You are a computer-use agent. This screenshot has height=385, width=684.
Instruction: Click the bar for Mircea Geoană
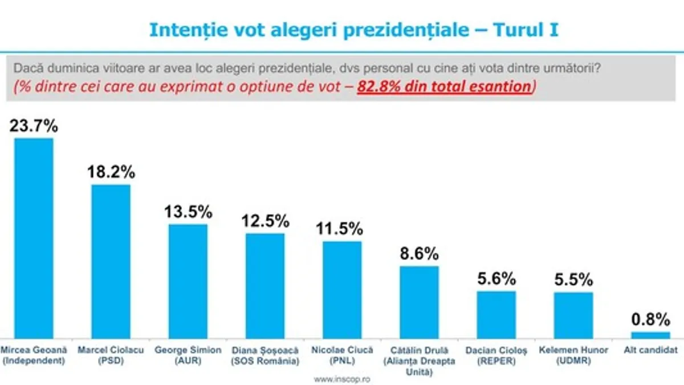pyautogui.click(x=34, y=238)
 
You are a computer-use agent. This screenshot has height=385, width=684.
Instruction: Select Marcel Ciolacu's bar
pyautogui.click(x=111, y=261)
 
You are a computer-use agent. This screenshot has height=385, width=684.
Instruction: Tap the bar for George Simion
pyautogui.click(x=188, y=281)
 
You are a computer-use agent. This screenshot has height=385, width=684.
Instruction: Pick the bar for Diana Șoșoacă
pyautogui.click(x=265, y=286)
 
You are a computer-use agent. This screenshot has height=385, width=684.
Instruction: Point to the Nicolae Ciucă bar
pyautogui.click(x=342, y=290)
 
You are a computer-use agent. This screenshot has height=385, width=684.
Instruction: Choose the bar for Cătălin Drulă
pyautogui.click(x=419, y=302)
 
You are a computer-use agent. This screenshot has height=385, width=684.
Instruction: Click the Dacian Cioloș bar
pyautogui.click(x=496, y=315)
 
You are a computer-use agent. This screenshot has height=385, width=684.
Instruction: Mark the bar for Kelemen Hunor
pyautogui.click(x=573, y=315)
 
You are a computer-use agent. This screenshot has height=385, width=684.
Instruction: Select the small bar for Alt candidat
pyautogui.click(x=650, y=335)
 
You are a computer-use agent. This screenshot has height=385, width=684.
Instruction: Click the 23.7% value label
pyautogui.click(x=34, y=125)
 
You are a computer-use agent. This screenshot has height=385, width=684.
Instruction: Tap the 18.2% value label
pyautogui.click(x=111, y=172)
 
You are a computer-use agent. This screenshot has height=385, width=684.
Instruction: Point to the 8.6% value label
pyautogui.click(x=419, y=253)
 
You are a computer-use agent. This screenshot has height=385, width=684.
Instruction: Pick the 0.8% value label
pyautogui.click(x=650, y=318)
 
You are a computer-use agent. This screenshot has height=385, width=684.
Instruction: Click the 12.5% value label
pyautogui.click(x=265, y=220)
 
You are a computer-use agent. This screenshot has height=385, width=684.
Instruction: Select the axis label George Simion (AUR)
pyautogui.click(x=188, y=355)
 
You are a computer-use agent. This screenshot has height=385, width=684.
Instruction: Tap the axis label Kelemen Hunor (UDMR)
pyautogui.click(x=573, y=355)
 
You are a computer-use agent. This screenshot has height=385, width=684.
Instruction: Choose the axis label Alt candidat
pyautogui.click(x=650, y=350)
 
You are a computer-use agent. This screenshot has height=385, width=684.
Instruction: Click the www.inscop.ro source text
pyautogui.click(x=342, y=379)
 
